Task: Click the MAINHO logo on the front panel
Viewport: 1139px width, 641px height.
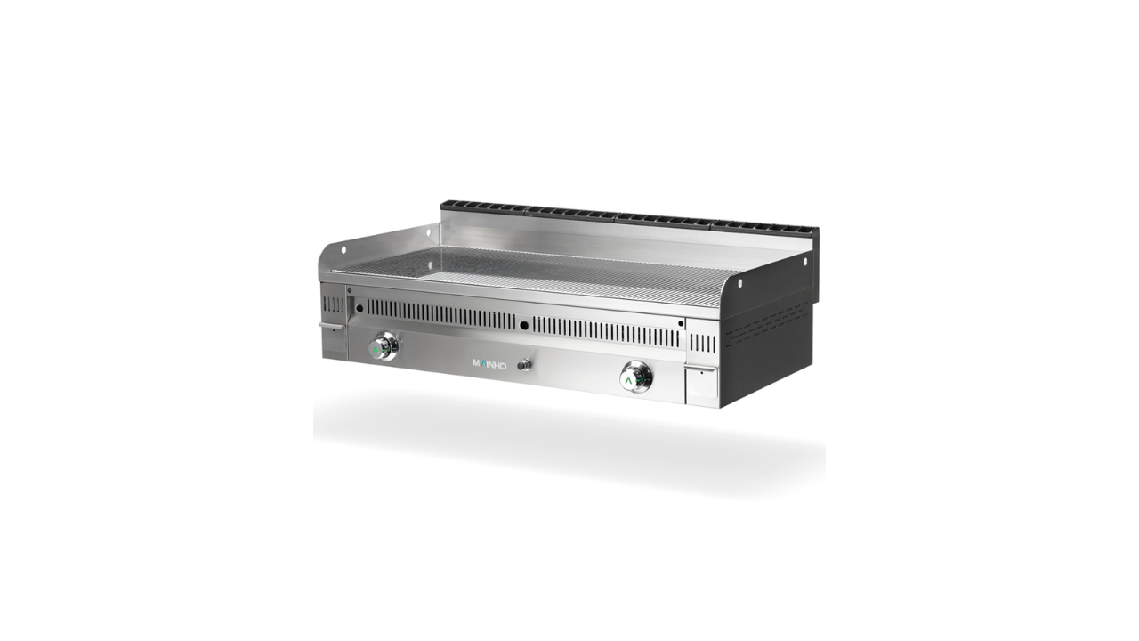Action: [489, 364]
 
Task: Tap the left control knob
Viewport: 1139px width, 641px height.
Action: [383, 347]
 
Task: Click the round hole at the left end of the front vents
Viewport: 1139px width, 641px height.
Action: [359, 308]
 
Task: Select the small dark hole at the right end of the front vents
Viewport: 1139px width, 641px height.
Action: [681, 323]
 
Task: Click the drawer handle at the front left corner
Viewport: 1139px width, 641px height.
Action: [332, 325]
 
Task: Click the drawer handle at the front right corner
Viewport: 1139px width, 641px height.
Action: [701, 369]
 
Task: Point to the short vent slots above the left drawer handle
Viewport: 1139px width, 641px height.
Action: [334, 304]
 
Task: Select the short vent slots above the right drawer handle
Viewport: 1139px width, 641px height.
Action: [702, 344]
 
